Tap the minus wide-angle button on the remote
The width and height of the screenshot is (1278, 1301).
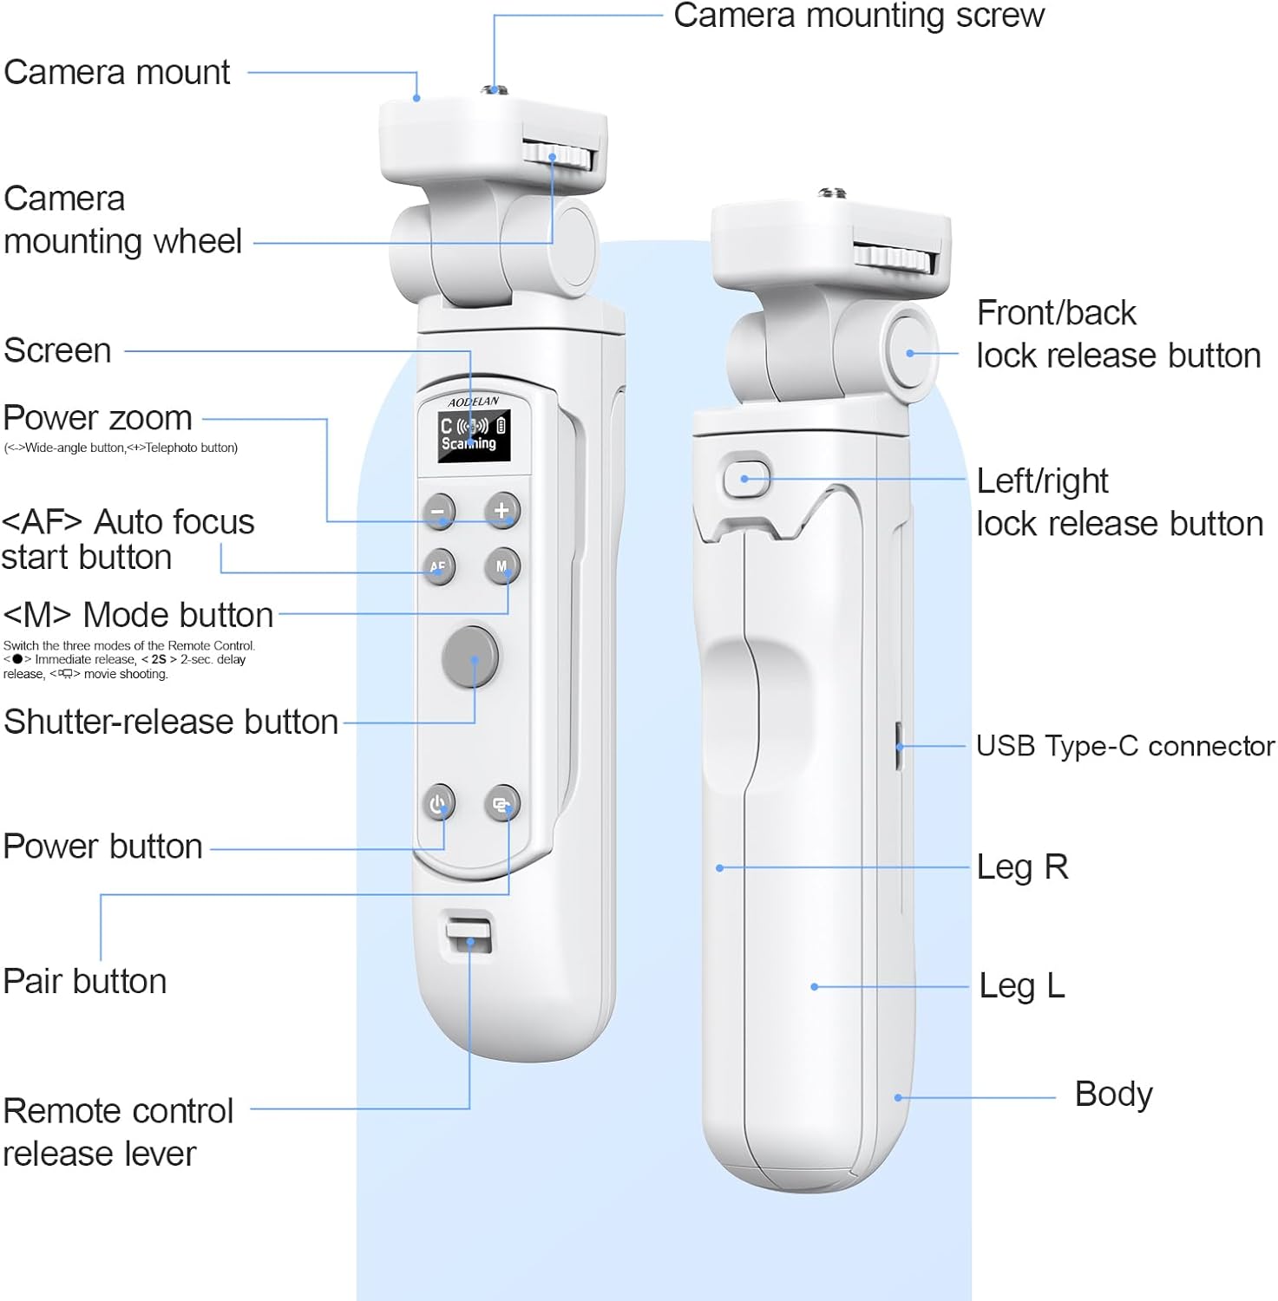coord(439,511)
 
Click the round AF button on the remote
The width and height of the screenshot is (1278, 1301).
coord(438,566)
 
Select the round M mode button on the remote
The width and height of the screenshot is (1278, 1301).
coord(501,566)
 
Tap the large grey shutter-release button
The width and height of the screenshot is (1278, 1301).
coord(470,656)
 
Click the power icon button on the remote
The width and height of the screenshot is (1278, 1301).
coord(438,803)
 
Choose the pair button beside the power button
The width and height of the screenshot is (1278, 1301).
coord(501,803)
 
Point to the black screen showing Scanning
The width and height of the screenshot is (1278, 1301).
coord(473,435)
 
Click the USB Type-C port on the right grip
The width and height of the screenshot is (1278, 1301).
coord(899,746)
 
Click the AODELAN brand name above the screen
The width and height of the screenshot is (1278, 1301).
coord(474,402)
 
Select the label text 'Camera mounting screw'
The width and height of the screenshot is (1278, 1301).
coord(859,16)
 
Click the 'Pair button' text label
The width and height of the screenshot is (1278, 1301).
coord(85,982)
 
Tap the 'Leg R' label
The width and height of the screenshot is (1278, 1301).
coord(1022,867)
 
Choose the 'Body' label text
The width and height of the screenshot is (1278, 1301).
coord(1113,1095)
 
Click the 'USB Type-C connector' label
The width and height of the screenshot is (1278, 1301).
coord(1125,746)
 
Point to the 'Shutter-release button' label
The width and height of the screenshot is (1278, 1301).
coord(171,722)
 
